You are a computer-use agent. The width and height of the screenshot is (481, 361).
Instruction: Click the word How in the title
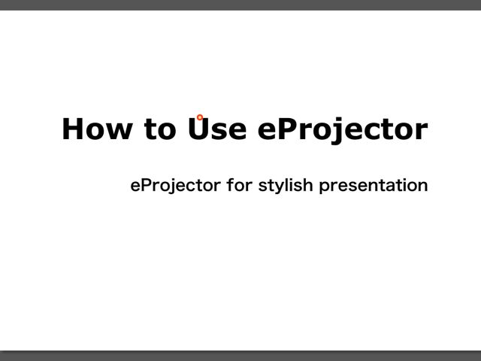[97, 129]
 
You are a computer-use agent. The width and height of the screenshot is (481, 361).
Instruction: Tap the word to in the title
[160, 129]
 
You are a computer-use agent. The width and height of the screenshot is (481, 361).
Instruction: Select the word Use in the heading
[217, 129]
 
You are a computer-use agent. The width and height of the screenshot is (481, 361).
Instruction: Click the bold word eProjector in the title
[343, 130]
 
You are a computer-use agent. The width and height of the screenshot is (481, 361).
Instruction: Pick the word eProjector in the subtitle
[175, 186]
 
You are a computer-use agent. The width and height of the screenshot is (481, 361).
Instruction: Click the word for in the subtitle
[240, 185]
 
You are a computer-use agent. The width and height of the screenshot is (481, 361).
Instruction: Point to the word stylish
[286, 186]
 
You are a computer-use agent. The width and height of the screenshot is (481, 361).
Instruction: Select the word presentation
[374, 186]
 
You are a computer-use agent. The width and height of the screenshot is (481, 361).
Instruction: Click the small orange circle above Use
[200, 117]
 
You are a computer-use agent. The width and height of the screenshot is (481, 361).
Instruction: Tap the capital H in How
[73, 129]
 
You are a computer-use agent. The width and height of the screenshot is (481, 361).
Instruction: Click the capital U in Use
[198, 129]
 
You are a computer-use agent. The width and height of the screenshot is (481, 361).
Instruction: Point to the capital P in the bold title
[288, 129]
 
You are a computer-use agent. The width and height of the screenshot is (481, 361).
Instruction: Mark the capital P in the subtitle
[147, 185]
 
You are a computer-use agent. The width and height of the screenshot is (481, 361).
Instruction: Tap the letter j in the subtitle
[169, 186]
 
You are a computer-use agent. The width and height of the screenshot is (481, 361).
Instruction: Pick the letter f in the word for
[231, 184]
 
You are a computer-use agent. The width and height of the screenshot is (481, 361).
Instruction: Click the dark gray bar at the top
[240, 5]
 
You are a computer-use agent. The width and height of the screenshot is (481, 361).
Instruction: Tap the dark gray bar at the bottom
[240, 356]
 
